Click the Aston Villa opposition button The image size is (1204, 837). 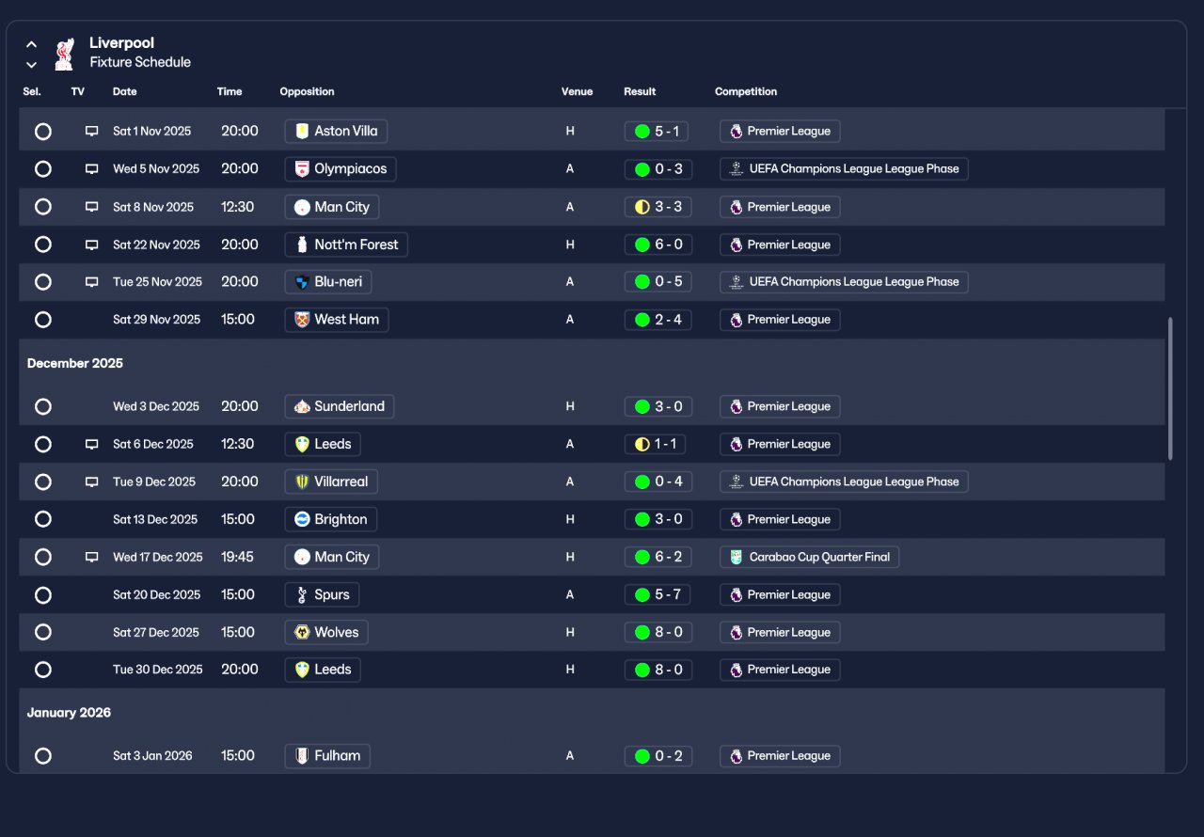click(x=336, y=132)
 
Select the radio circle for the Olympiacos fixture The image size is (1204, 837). click(x=43, y=169)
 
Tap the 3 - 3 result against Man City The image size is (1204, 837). click(x=657, y=207)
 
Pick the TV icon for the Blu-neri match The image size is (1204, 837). click(x=92, y=282)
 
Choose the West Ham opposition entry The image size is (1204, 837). click(x=337, y=320)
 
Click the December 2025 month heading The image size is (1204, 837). click(x=75, y=363)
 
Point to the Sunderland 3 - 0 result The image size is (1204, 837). click(x=657, y=406)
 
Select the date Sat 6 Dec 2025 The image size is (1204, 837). click(x=153, y=444)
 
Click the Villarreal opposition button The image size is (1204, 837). click(x=330, y=482)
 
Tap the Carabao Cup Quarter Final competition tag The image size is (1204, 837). click(x=809, y=557)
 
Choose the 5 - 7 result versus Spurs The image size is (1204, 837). click(x=657, y=594)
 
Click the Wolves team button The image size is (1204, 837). click(x=325, y=632)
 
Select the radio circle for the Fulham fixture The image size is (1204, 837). click(x=43, y=756)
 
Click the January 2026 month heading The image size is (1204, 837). click(x=69, y=713)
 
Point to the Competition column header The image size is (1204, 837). click(x=746, y=92)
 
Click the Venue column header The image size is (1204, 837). click(x=578, y=92)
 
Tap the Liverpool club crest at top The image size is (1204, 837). click(x=64, y=54)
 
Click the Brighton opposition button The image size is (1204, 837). click(x=331, y=519)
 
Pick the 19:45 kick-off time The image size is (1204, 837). click(x=237, y=557)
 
